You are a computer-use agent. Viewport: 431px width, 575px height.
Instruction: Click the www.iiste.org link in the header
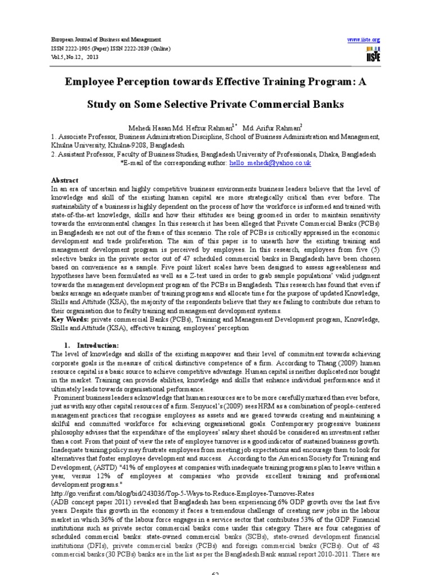click(x=364, y=40)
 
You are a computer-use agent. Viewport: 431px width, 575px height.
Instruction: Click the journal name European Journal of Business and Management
click(x=98, y=40)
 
